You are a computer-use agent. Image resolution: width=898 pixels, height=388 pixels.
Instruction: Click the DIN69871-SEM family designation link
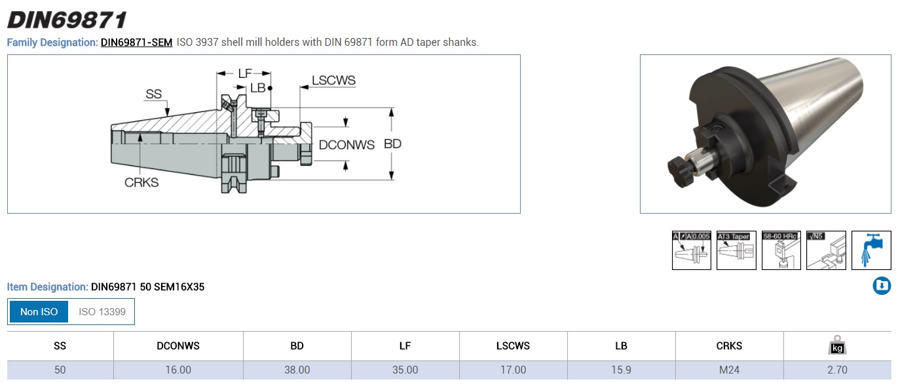136,43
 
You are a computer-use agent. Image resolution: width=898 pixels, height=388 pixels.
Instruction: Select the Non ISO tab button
39,312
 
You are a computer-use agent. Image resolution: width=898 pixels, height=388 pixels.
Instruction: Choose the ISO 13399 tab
102,312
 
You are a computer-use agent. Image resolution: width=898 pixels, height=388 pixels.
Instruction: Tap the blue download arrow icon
882,286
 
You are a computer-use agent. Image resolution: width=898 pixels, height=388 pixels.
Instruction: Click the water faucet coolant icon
871,250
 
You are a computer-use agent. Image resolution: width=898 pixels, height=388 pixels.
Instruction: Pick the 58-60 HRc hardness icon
781,250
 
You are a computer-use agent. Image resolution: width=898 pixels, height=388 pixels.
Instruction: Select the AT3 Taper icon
736,250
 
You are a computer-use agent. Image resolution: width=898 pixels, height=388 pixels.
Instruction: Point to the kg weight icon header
837,346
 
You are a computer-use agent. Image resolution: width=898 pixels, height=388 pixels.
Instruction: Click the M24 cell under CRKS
729,370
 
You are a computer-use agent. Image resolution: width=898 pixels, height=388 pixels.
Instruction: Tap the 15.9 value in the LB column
621,370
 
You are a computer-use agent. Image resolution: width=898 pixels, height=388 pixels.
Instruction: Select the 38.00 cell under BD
297,370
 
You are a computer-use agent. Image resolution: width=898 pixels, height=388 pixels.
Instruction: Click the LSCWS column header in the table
513,346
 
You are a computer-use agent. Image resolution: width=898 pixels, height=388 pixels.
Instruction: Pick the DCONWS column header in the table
178,346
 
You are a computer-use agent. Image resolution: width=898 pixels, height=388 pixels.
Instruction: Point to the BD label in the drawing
392,144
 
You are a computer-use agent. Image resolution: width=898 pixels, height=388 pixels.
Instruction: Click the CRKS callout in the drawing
141,183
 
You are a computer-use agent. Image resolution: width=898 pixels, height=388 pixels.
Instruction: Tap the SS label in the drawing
153,95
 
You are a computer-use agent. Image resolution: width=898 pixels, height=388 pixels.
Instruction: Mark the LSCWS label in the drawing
333,81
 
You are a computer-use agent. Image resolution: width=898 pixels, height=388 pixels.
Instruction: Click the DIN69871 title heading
66,20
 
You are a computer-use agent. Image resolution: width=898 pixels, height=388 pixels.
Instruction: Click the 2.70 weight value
837,370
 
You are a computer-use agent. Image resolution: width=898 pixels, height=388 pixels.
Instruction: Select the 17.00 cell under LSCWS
513,370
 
